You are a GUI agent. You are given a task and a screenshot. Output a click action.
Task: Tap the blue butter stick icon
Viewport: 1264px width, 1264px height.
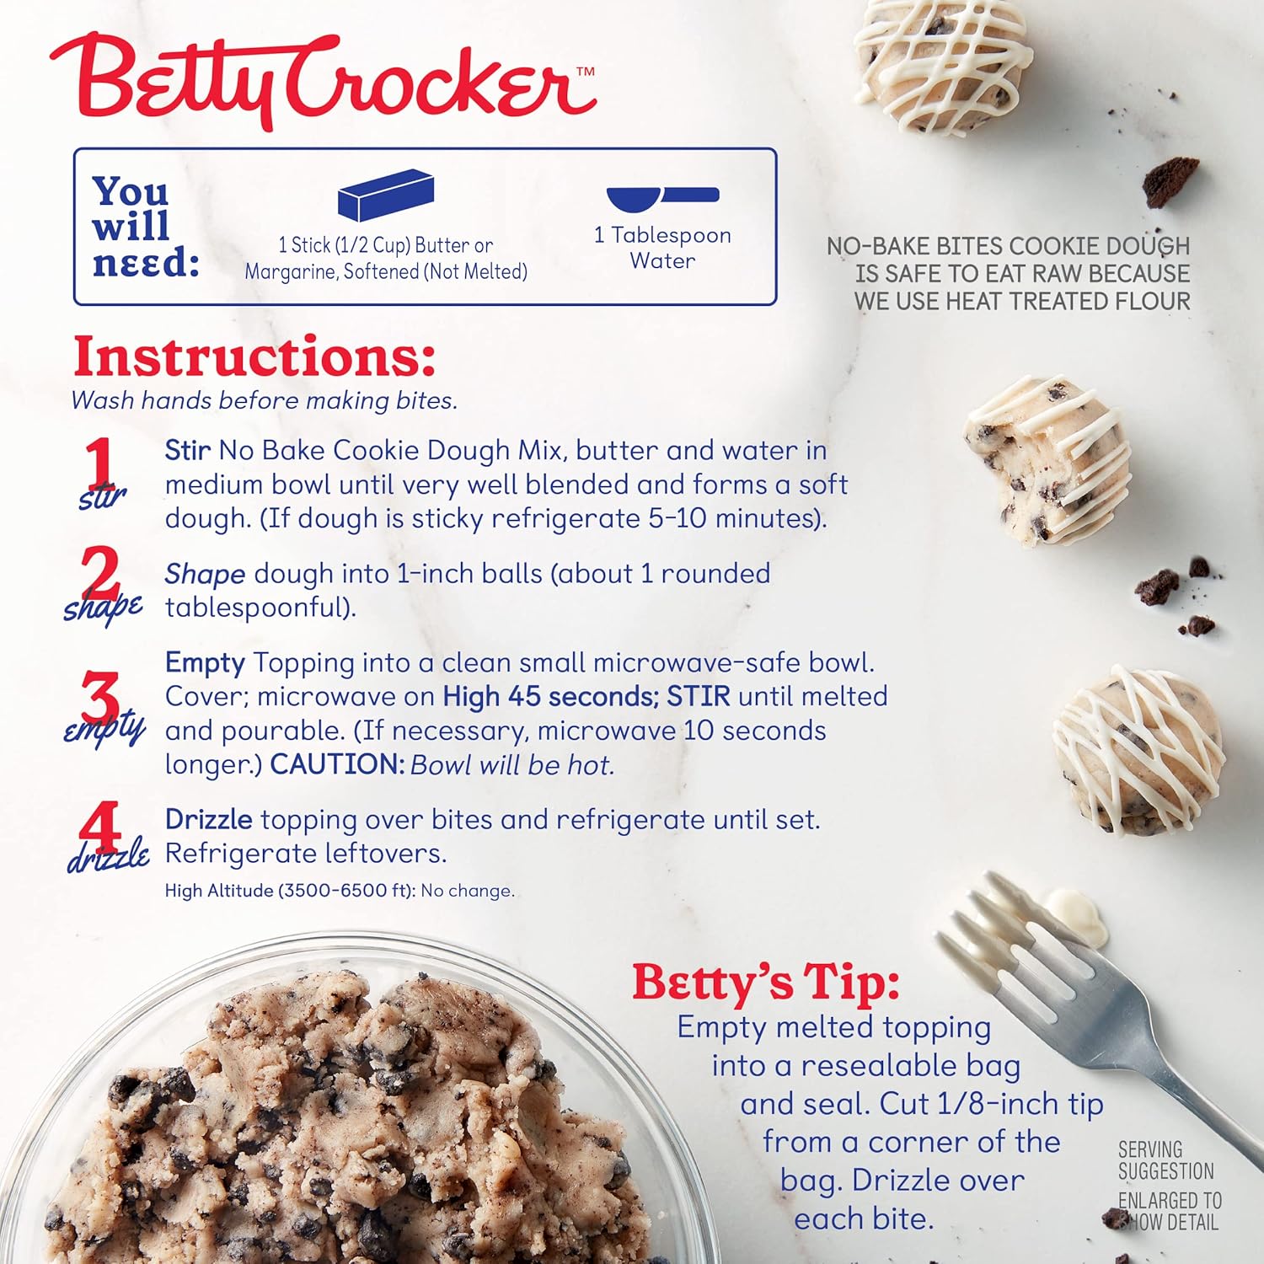(x=386, y=195)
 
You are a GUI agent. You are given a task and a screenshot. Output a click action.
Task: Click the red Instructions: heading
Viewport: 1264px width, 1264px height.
(x=254, y=356)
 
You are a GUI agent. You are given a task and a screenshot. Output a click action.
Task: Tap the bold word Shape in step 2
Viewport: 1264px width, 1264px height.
(x=205, y=575)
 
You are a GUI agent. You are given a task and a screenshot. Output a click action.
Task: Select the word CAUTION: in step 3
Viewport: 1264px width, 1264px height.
(x=337, y=764)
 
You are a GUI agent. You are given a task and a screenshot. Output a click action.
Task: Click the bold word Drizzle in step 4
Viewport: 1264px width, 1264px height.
(x=208, y=819)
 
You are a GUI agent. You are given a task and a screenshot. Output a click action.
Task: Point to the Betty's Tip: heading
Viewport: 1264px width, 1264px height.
(x=766, y=982)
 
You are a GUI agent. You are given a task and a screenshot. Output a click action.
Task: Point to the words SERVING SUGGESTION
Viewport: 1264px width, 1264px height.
(x=1166, y=1160)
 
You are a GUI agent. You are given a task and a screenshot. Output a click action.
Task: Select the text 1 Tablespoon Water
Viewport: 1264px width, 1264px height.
(x=662, y=248)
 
